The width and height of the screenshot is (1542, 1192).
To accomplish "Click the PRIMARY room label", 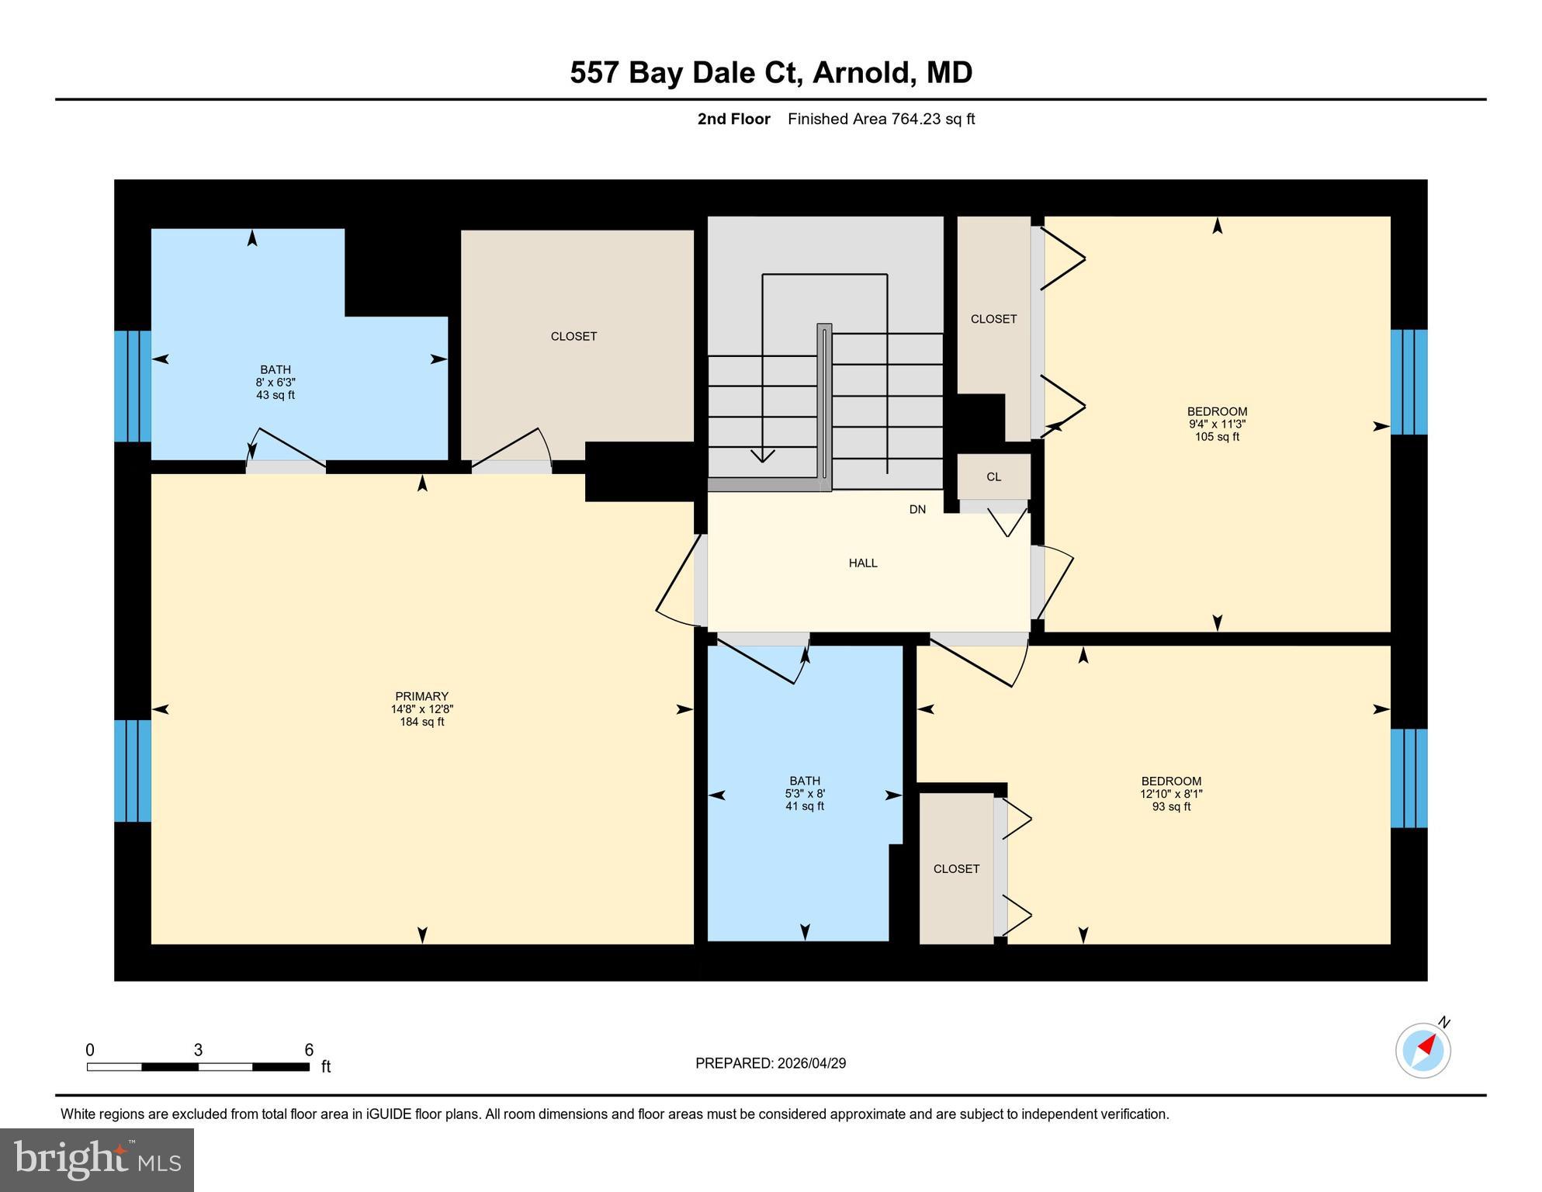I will (x=421, y=696).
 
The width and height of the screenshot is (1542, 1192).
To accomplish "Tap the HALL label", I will (x=862, y=563).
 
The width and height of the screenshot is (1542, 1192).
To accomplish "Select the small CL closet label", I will (x=993, y=476).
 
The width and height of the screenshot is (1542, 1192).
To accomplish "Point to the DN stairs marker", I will (x=917, y=509).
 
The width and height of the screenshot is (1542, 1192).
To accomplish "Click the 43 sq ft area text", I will (x=275, y=395).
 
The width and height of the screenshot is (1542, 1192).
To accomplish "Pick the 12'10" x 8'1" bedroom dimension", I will (x=1170, y=794).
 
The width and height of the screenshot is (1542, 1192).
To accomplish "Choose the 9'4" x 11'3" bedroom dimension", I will (x=1216, y=424).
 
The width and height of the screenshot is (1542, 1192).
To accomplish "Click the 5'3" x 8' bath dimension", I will (x=804, y=794).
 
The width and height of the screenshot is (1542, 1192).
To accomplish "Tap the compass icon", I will (x=1422, y=1050).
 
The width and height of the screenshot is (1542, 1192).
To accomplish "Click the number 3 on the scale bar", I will (x=198, y=1050).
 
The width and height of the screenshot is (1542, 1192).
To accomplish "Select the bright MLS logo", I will (x=97, y=1159).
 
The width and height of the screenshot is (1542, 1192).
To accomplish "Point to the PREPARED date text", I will (x=770, y=1063).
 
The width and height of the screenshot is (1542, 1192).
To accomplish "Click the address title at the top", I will (x=771, y=72).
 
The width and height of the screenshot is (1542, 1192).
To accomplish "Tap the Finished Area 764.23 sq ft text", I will (x=881, y=119).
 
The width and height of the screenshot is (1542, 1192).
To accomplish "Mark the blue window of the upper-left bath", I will (x=132, y=386).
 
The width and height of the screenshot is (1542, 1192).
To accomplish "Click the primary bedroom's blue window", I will (x=132, y=771).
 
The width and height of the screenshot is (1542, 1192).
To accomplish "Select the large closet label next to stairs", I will (x=573, y=336).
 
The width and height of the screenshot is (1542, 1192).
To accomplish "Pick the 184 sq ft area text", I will (x=421, y=722).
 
